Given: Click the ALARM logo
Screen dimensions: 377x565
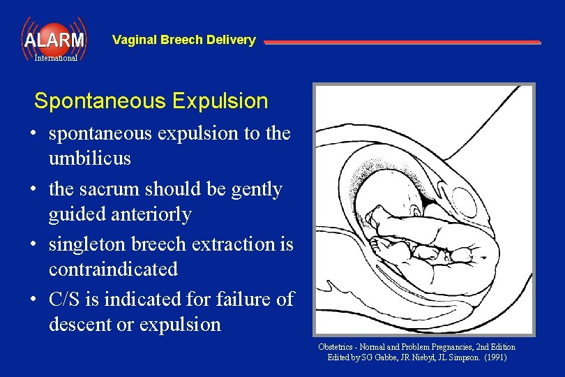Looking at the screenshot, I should click(54, 39).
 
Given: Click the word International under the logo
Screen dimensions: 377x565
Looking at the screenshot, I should click(56, 59).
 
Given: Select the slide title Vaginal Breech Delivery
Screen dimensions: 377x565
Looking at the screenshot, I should click(183, 40).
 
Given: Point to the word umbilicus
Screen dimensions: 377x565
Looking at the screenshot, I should click(89, 158).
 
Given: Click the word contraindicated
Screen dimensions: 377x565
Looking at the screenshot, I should click(113, 269).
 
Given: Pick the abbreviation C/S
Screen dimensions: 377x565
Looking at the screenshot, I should click(67, 300).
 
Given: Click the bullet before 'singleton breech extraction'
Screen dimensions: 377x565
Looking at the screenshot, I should click(33, 244).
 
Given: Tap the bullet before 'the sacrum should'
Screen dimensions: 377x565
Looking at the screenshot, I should click(33, 189).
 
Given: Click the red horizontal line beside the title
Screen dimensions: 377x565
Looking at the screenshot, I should click(402, 43).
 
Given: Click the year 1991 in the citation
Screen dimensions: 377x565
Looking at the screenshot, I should click(494, 357).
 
